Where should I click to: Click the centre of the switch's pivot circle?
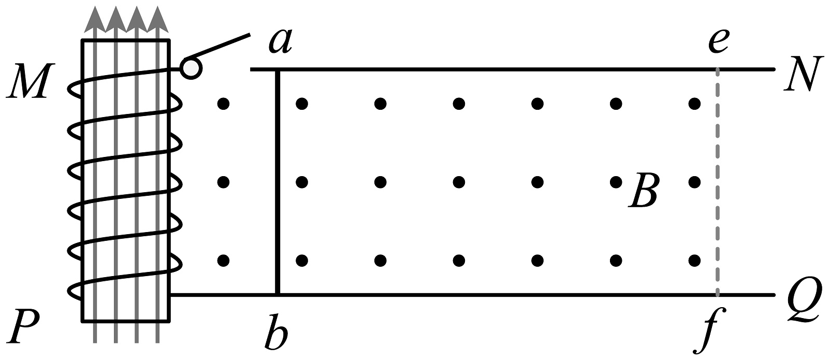[191, 68]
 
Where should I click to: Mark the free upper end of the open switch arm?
[250, 35]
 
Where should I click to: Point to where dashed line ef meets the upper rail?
[717, 69]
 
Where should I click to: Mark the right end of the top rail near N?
[774, 69]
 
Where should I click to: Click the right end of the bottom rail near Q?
[774, 295]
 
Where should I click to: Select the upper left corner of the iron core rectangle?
[82, 40]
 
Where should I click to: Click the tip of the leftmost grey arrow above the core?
[95, 6]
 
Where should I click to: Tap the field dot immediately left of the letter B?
[616, 182]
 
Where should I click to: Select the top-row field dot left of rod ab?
[223, 104]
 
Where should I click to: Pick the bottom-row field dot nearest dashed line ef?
[694, 261]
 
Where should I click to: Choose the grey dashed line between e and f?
[717, 182]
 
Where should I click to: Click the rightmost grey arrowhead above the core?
[158, 19]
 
